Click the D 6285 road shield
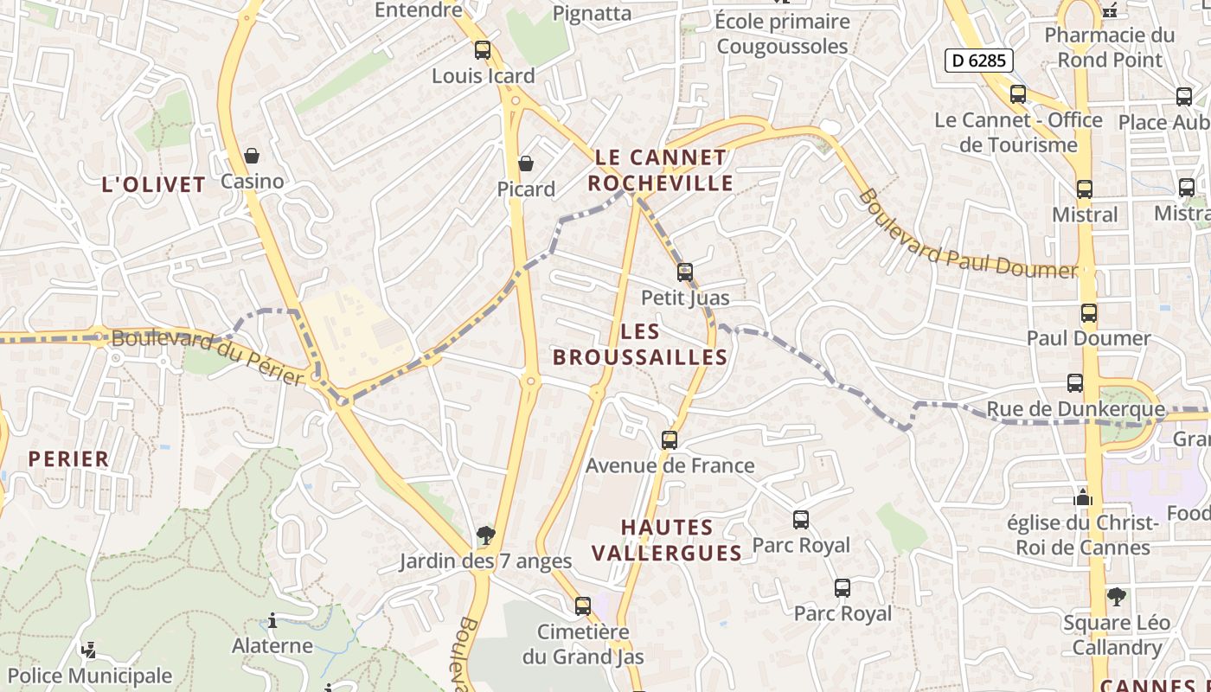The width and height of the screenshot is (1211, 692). pyautogui.click(x=978, y=60)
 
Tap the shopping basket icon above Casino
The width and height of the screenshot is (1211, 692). pyautogui.click(x=252, y=156)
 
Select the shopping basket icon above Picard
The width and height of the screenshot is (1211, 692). pyautogui.click(x=526, y=163)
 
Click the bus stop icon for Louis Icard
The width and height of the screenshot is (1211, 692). pyautogui.click(x=483, y=50)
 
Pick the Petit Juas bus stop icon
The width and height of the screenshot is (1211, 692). pyautogui.click(x=685, y=272)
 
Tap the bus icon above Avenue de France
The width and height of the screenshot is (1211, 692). pyautogui.click(x=670, y=440)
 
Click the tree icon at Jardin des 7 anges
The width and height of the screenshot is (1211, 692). pyautogui.click(x=486, y=535)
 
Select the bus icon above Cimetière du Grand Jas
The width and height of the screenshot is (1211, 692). pyautogui.click(x=583, y=605)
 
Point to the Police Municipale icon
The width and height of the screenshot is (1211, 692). pyautogui.click(x=88, y=650)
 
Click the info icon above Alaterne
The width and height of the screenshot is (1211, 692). pyautogui.click(x=272, y=620)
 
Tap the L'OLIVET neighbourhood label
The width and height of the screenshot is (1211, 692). pyautogui.click(x=154, y=184)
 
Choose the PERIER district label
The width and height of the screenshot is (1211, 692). pyautogui.click(x=69, y=458)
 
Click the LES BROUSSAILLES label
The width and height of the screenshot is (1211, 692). pyautogui.click(x=640, y=343)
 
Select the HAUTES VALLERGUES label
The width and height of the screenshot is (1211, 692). pyautogui.click(x=668, y=540)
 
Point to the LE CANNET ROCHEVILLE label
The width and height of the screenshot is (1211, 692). pyautogui.click(x=662, y=170)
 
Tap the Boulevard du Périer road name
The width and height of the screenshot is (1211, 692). pyautogui.click(x=208, y=357)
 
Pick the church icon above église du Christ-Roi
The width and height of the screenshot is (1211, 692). pyautogui.click(x=1083, y=497)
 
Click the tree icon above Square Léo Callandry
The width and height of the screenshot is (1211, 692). pyautogui.click(x=1117, y=597)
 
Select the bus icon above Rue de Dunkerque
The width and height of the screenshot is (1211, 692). pyautogui.click(x=1075, y=383)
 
